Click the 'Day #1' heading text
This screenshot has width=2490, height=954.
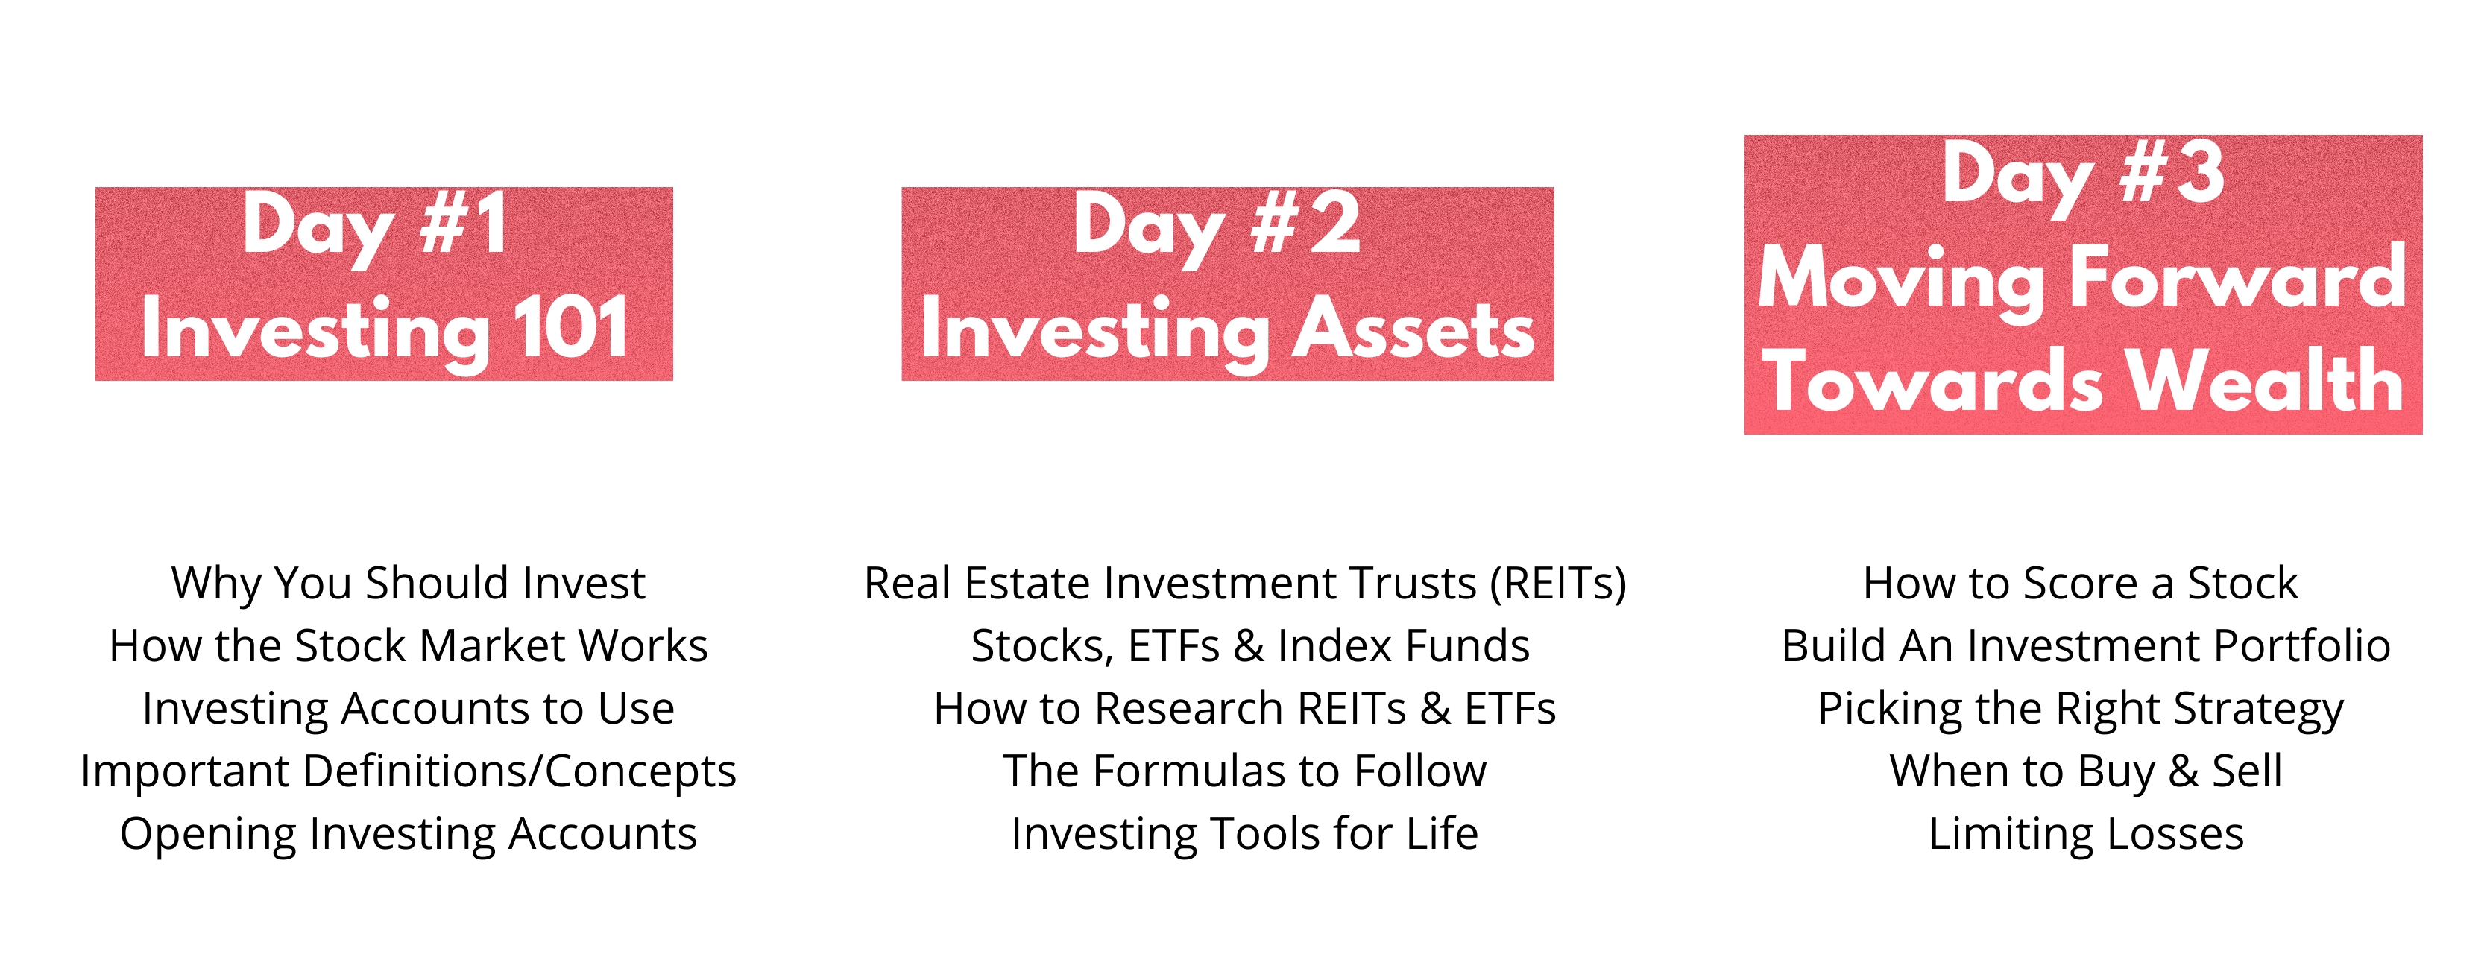[x=375, y=227]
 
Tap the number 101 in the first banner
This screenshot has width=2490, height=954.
[x=571, y=328]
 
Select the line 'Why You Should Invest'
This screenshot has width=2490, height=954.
[x=408, y=584]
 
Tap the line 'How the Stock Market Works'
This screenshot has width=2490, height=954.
[x=408, y=645]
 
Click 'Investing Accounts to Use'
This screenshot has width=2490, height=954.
[x=408, y=710]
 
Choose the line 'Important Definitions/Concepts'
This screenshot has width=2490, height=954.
[x=408, y=771]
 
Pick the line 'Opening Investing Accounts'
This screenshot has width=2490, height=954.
[x=408, y=834]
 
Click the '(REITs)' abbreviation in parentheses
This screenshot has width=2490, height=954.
[x=1558, y=584]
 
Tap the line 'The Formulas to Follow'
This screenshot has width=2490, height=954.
[x=1245, y=771]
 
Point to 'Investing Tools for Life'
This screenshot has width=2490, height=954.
[x=1245, y=834]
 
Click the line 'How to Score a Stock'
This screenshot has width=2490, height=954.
[x=2080, y=584]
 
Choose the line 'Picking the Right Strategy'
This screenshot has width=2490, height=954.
[x=2080, y=710]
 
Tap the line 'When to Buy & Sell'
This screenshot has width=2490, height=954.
[x=2086, y=771]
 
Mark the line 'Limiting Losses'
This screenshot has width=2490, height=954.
[x=2086, y=834]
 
